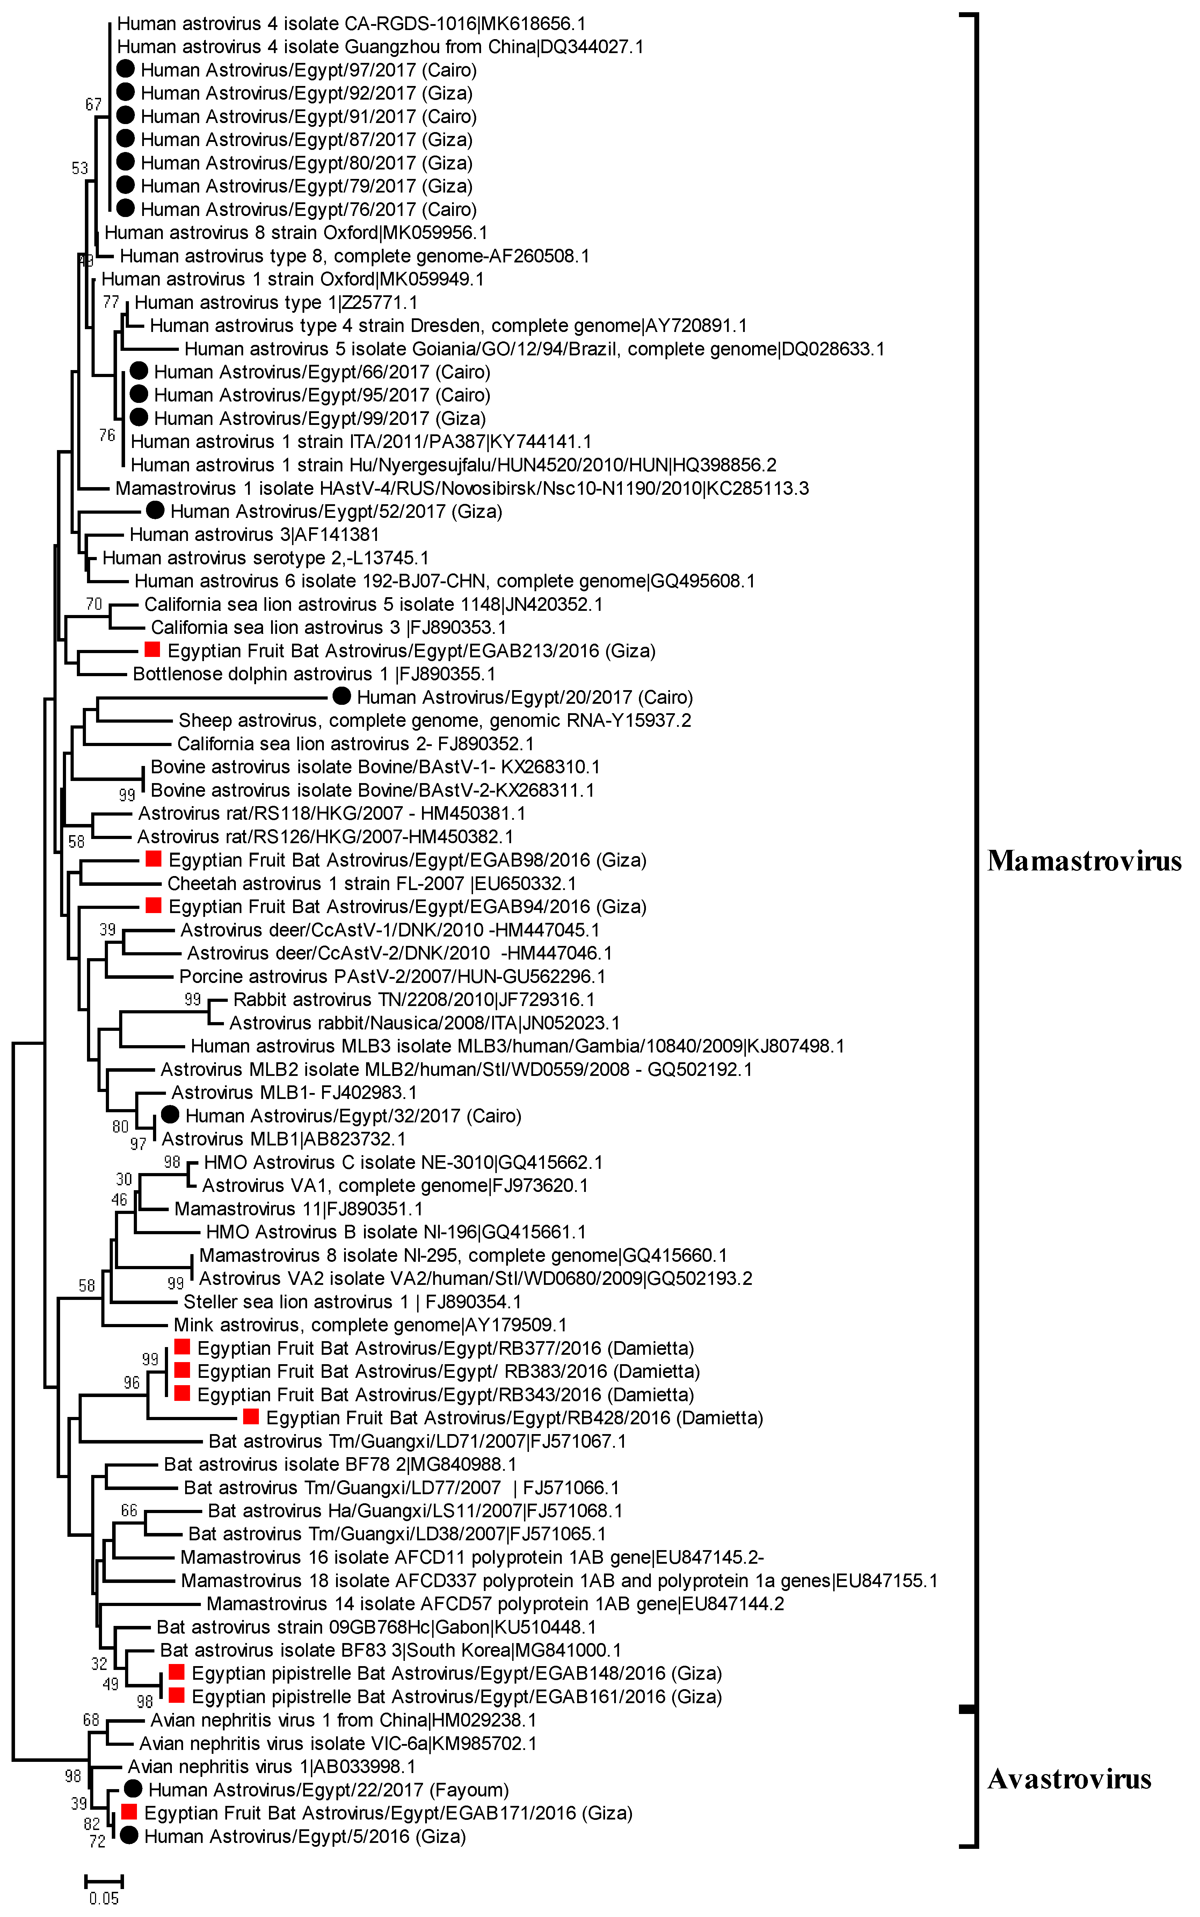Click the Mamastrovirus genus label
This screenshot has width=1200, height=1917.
(x=1084, y=860)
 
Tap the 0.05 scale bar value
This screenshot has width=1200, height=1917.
(x=104, y=1899)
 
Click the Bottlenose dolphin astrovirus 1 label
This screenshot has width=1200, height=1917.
(x=314, y=674)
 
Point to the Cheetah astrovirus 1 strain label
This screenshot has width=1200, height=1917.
(x=371, y=883)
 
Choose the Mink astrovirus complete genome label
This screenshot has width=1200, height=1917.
(x=370, y=1325)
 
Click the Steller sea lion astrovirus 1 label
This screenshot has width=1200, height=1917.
(x=352, y=1302)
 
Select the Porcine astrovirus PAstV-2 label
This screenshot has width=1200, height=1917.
(x=392, y=976)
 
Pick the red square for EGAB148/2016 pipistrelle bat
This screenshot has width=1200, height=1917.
(x=176, y=1672)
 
